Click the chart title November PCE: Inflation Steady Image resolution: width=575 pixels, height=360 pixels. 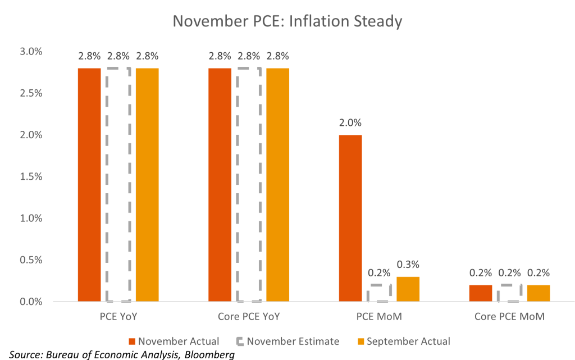click(287, 21)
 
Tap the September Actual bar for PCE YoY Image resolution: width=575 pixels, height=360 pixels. click(147, 185)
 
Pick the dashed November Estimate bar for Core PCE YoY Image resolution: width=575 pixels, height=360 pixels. click(249, 185)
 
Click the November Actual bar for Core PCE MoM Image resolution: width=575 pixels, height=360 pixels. click(481, 293)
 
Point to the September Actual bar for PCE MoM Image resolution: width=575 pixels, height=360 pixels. click(408, 289)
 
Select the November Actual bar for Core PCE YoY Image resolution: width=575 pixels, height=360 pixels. click(220, 185)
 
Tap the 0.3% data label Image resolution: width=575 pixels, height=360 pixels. click(408, 265)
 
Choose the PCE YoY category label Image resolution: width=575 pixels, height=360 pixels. click(118, 317)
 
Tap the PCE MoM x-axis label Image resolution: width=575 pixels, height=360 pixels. click(380, 317)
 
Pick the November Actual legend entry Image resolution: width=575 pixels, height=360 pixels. click(174, 341)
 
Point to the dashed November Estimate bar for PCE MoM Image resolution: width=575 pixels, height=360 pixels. click(380, 293)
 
